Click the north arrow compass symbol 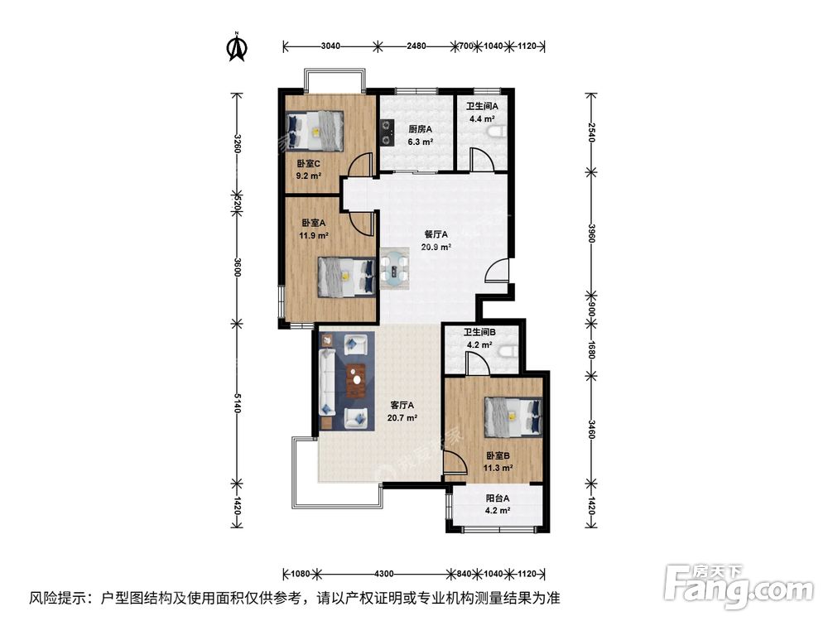pos(237,47)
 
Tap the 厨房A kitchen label pos(420,129)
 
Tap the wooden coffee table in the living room pos(356,381)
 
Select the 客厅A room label pos(402,406)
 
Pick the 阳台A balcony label pos(497,498)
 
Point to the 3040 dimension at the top pos(329,46)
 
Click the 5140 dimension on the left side pos(238,403)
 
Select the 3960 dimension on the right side pos(590,233)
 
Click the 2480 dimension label pos(415,46)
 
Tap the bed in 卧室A pos(345,276)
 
